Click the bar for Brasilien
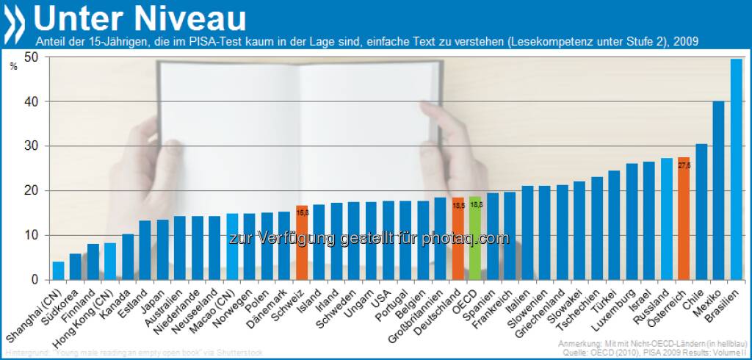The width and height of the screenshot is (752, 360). click(736, 170)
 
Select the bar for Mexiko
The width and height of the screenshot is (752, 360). click(719, 191)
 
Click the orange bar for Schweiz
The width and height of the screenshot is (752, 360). click(301, 243)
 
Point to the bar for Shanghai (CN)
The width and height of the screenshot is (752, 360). click(58, 271)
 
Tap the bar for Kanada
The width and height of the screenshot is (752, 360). click(128, 257)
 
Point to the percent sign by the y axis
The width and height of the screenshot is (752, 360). click(13, 67)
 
